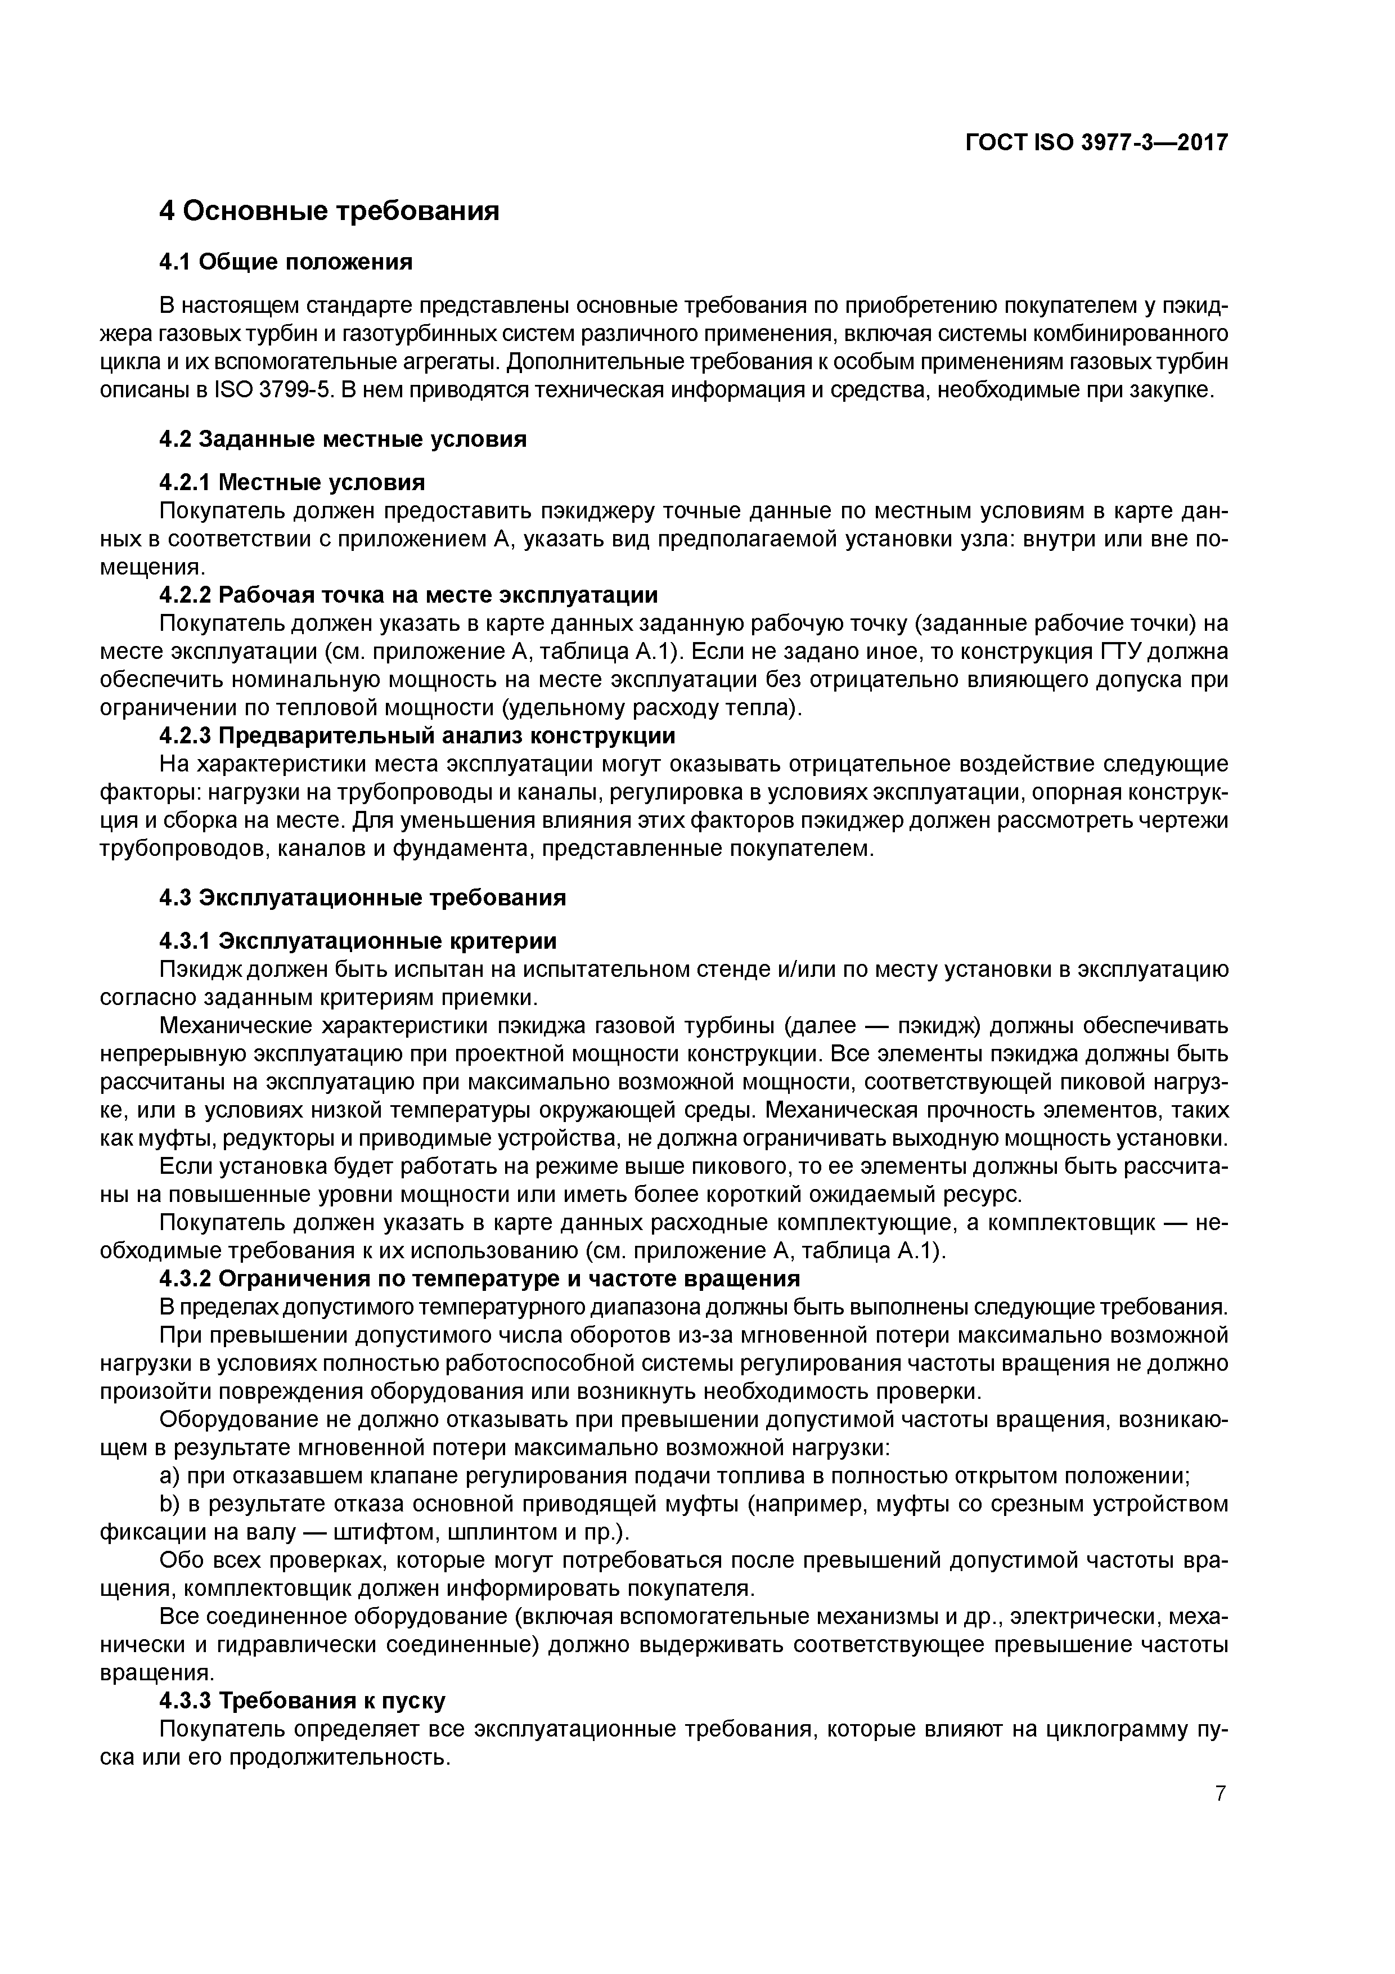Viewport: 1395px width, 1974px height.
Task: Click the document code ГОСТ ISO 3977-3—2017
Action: (1097, 143)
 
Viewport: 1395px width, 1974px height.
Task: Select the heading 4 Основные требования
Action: (329, 210)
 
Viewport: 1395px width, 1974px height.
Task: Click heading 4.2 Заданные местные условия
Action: (343, 439)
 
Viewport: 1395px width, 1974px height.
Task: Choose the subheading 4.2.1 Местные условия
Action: (292, 482)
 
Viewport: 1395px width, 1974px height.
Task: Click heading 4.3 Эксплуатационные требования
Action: (363, 898)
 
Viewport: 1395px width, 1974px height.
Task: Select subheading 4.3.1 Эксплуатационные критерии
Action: (358, 940)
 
